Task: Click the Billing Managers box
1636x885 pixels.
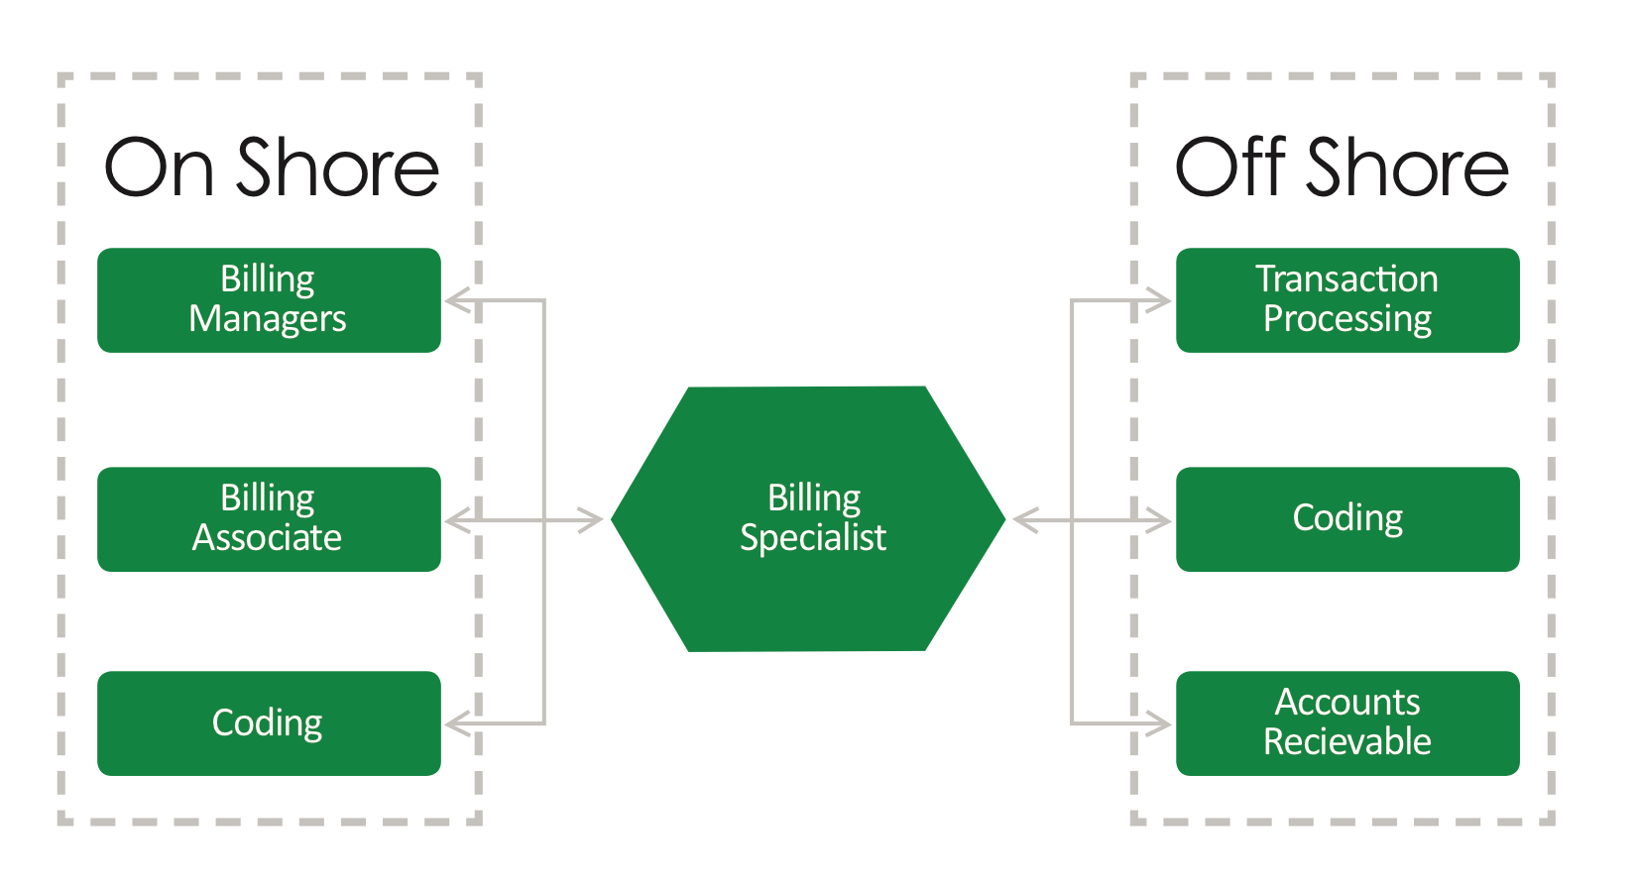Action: click(269, 300)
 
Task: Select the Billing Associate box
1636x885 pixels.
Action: click(269, 519)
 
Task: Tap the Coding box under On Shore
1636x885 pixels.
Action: click(269, 722)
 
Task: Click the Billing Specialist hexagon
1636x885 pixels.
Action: click(808, 519)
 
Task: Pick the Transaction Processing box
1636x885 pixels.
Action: click(1347, 300)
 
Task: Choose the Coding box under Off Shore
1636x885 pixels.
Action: click(1347, 519)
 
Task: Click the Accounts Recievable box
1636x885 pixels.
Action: click(1347, 722)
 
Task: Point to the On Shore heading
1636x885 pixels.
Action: click(272, 167)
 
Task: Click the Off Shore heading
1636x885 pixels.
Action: click(1342, 167)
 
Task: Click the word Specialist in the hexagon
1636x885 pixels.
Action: click(813, 539)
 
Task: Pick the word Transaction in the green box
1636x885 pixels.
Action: click(1346, 278)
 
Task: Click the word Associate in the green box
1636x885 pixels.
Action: click(267, 538)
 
